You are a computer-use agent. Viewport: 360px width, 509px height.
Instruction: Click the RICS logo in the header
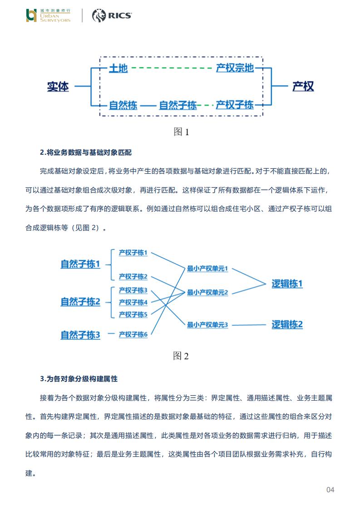(x=112, y=16)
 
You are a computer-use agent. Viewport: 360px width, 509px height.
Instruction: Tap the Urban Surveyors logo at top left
(x=49, y=16)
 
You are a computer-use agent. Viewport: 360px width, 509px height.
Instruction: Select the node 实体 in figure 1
(x=58, y=86)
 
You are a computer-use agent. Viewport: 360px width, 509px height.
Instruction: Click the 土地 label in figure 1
(x=118, y=69)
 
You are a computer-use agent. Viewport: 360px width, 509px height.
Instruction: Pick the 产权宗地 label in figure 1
(x=234, y=69)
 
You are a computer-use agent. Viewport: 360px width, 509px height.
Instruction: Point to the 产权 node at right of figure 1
(x=303, y=86)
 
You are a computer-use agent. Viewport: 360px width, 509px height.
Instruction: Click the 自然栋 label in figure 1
(x=123, y=105)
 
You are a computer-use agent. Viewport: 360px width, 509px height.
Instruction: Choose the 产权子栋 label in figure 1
(x=234, y=105)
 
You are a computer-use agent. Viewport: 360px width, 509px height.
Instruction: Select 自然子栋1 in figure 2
(x=80, y=264)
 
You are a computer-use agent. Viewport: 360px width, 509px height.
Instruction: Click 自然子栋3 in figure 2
(x=80, y=335)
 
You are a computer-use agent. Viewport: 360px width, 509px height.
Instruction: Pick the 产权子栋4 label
(x=133, y=302)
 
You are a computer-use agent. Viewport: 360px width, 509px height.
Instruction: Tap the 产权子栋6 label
(x=133, y=334)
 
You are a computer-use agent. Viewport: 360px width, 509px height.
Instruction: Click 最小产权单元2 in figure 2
(x=207, y=293)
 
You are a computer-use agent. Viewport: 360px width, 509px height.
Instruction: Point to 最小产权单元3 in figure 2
(x=207, y=325)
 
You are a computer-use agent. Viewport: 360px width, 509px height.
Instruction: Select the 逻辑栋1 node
(x=287, y=284)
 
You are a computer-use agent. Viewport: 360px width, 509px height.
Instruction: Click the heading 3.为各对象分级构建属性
(x=79, y=378)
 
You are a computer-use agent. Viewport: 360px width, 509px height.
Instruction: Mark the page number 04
(x=330, y=489)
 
